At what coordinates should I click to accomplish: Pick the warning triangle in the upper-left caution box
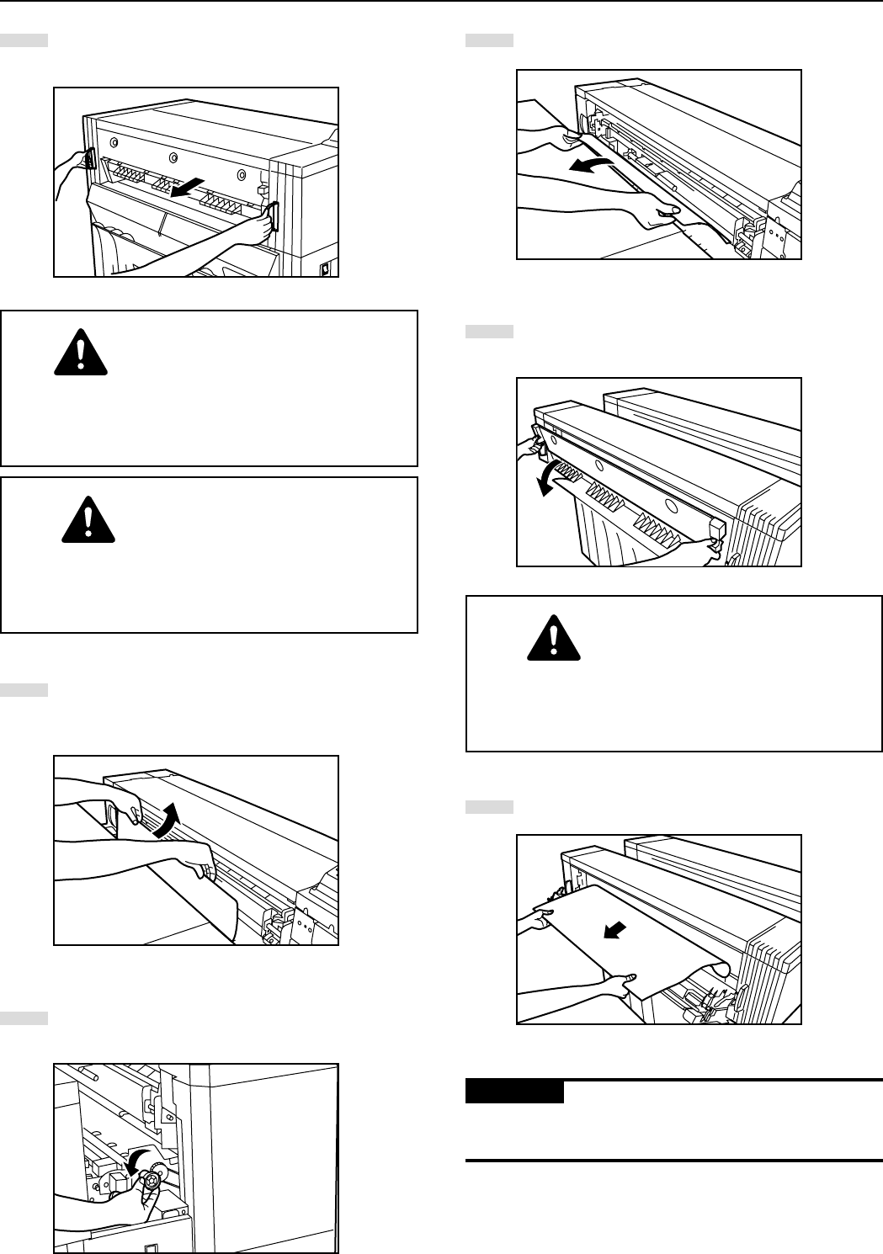pos(80,351)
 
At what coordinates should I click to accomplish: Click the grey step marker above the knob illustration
pos(24,1018)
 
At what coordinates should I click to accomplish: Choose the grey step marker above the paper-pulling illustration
pos(489,807)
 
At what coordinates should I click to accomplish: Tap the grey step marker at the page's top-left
pos(24,40)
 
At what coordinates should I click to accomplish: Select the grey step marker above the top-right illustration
pos(489,40)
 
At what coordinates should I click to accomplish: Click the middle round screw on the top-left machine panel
pos(173,157)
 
